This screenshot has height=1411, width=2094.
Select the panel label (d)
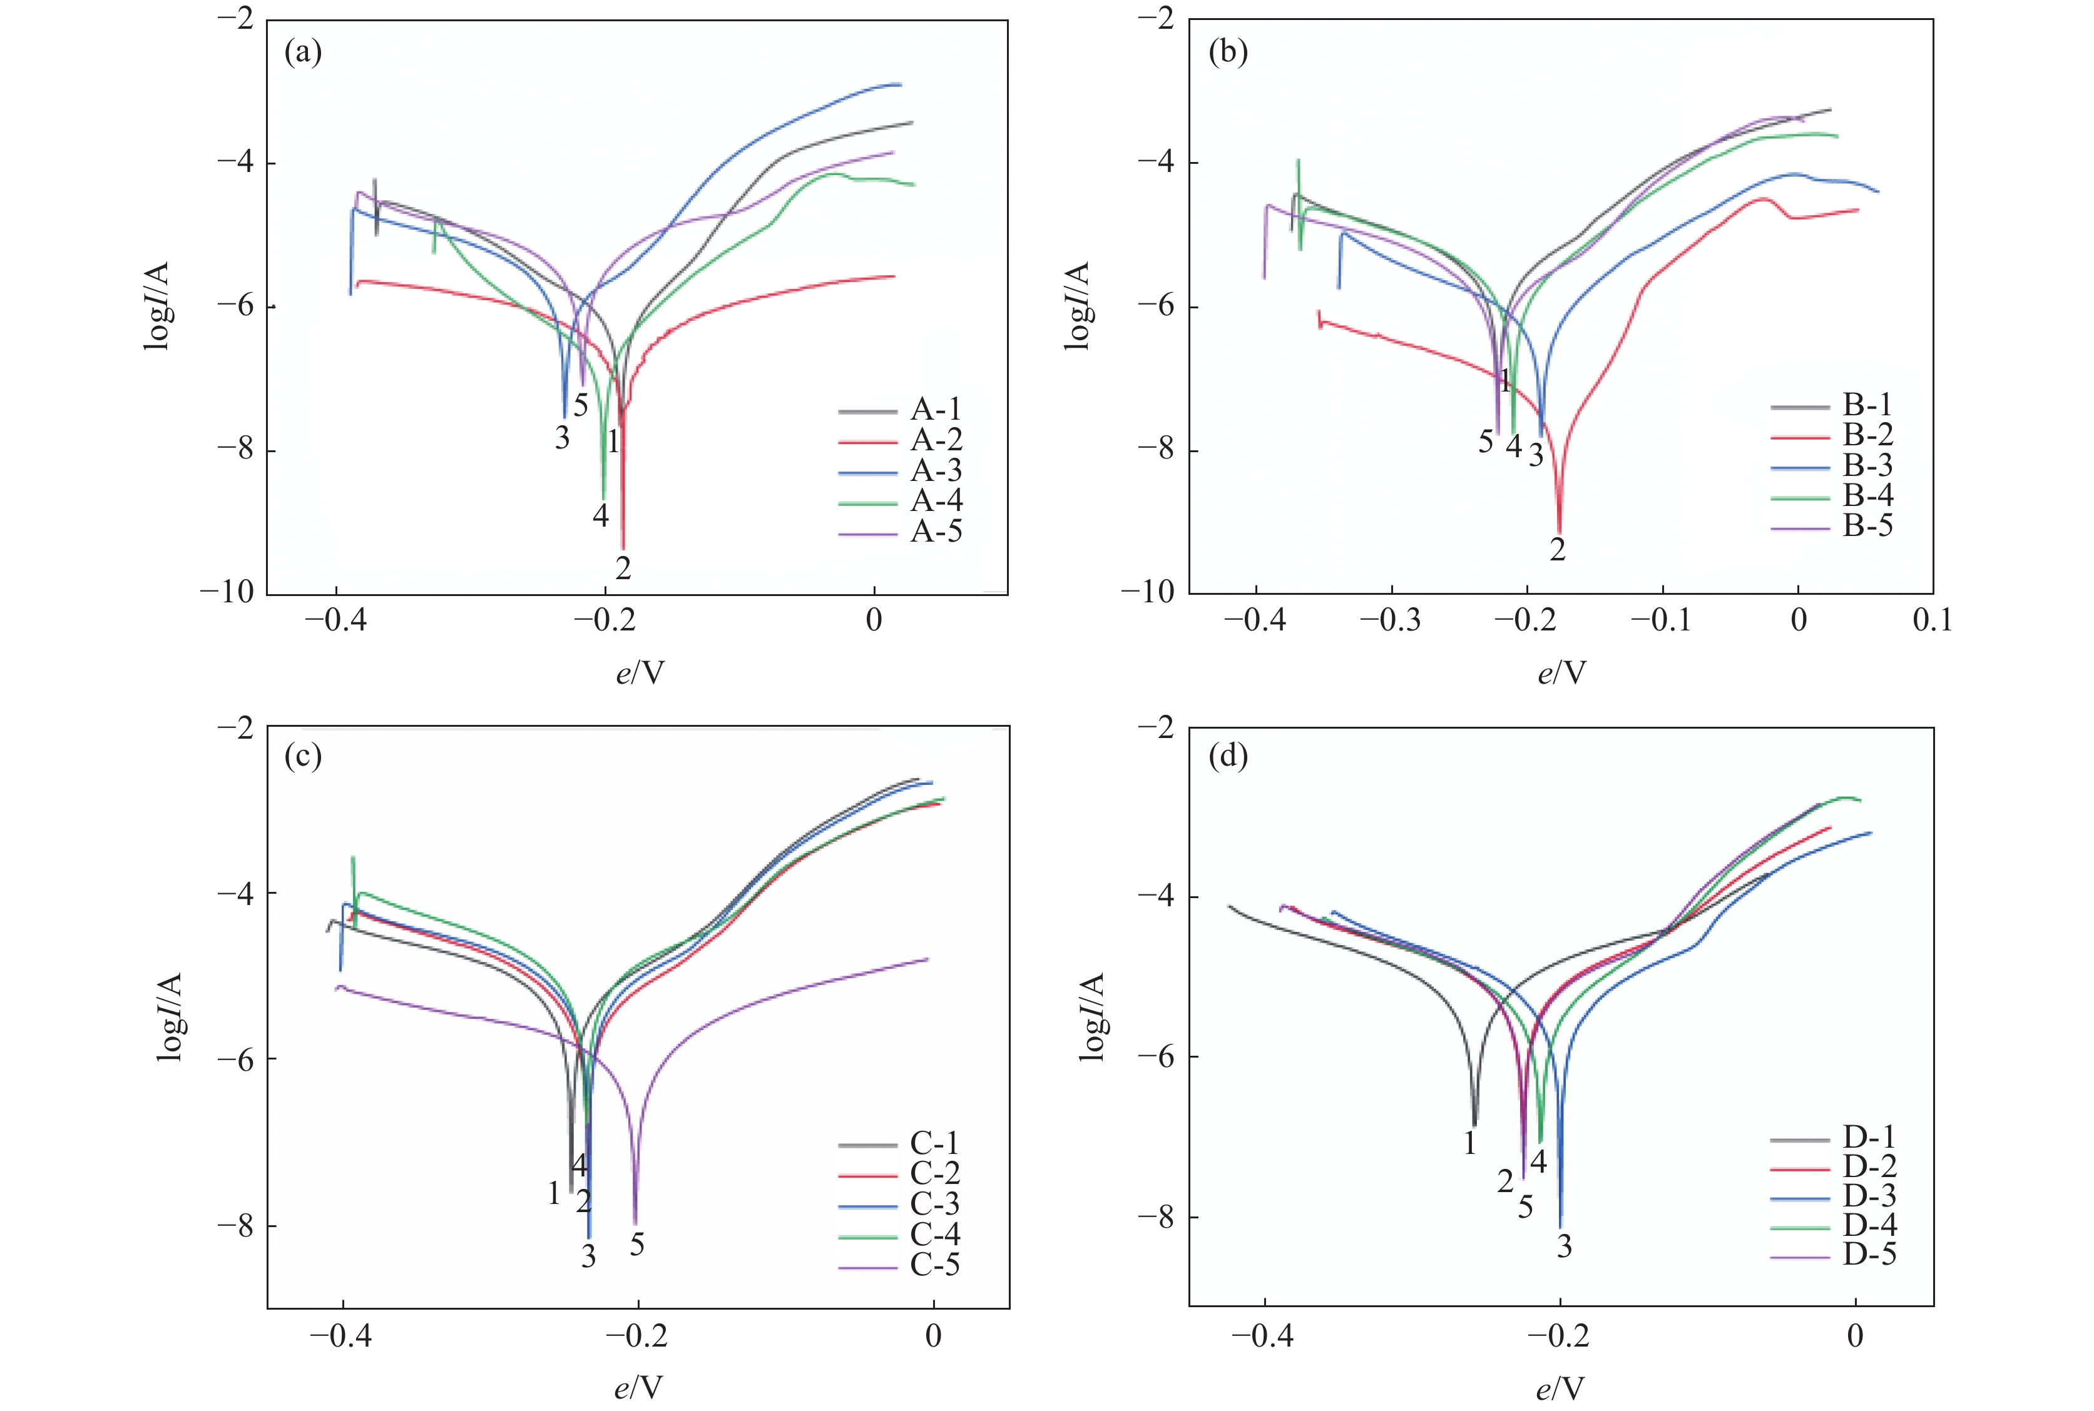1228,756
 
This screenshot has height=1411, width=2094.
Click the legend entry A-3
936,470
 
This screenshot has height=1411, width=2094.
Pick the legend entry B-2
1867,435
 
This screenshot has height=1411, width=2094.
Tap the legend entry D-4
1869,1225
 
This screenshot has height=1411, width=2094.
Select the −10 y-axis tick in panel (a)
228,593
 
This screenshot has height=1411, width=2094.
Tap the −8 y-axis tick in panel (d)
1156,1216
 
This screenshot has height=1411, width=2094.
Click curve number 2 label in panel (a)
623,568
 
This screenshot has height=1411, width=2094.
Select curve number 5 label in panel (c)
637,1245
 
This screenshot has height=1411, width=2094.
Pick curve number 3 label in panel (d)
1564,1247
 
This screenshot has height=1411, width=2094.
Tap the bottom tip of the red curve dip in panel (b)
1560,533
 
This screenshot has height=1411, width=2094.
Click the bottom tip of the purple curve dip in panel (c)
635,1224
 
